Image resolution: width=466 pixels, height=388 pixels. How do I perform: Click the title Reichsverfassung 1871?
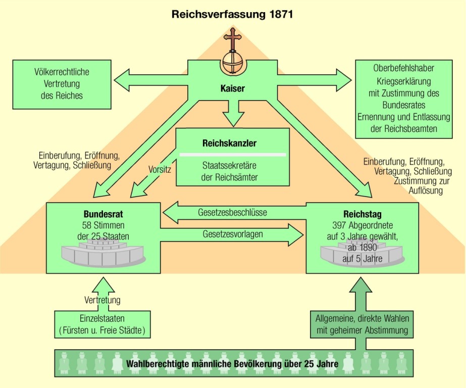(x=232, y=14)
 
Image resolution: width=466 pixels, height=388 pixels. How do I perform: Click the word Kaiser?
(x=232, y=89)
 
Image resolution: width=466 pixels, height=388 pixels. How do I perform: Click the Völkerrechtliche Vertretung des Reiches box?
(x=62, y=84)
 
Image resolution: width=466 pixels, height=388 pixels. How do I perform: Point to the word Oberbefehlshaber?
(x=403, y=68)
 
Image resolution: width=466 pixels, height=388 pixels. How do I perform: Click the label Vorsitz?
(x=160, y=169)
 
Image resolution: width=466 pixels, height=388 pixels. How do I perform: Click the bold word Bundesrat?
(x=103, y=213)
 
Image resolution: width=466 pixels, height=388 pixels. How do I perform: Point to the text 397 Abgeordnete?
(x=362, y=225)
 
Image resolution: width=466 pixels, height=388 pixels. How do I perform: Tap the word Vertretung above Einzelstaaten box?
(x=102, y=301)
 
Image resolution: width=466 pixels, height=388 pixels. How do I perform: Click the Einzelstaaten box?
(x=102, y=324)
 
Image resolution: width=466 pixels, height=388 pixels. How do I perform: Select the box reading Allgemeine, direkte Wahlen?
(x=361, y=324)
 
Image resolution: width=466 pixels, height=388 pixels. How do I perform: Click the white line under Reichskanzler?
(x=233, y=154)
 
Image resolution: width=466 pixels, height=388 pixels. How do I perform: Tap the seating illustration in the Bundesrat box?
(x=103, y=254)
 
